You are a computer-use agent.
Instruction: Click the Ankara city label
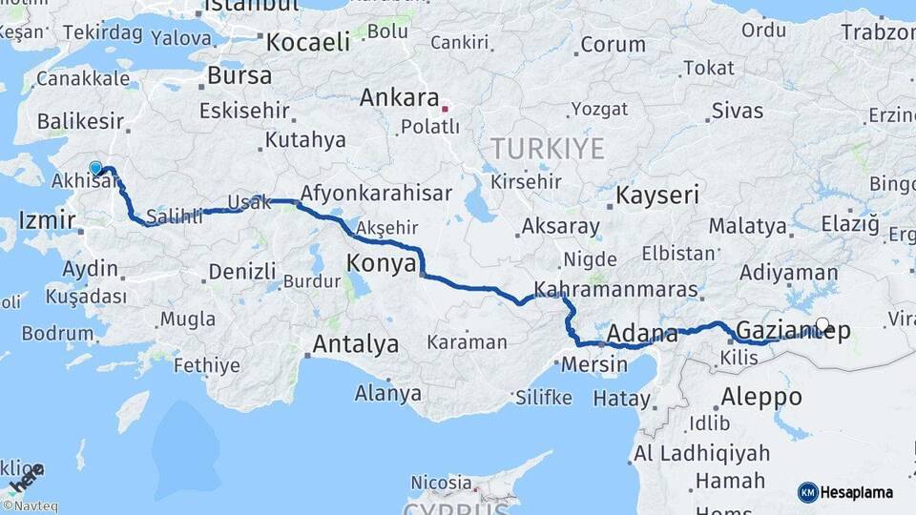399,98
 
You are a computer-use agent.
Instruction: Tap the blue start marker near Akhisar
95,169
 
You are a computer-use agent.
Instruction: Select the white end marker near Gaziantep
822,324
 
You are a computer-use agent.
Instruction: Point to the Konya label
381,262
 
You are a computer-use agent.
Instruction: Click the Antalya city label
355,344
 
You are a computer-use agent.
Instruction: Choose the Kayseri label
657,196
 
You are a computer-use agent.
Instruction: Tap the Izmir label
47,221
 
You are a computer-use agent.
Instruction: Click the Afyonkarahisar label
376,193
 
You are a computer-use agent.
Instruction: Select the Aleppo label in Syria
761,396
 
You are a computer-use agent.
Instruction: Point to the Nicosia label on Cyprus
441,483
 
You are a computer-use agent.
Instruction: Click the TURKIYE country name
548,148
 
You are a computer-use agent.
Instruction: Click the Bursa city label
239,74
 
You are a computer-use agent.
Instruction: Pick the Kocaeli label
308,42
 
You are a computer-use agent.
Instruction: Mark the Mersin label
594,363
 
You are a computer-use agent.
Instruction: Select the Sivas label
737,111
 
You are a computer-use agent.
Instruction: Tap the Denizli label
241,271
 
